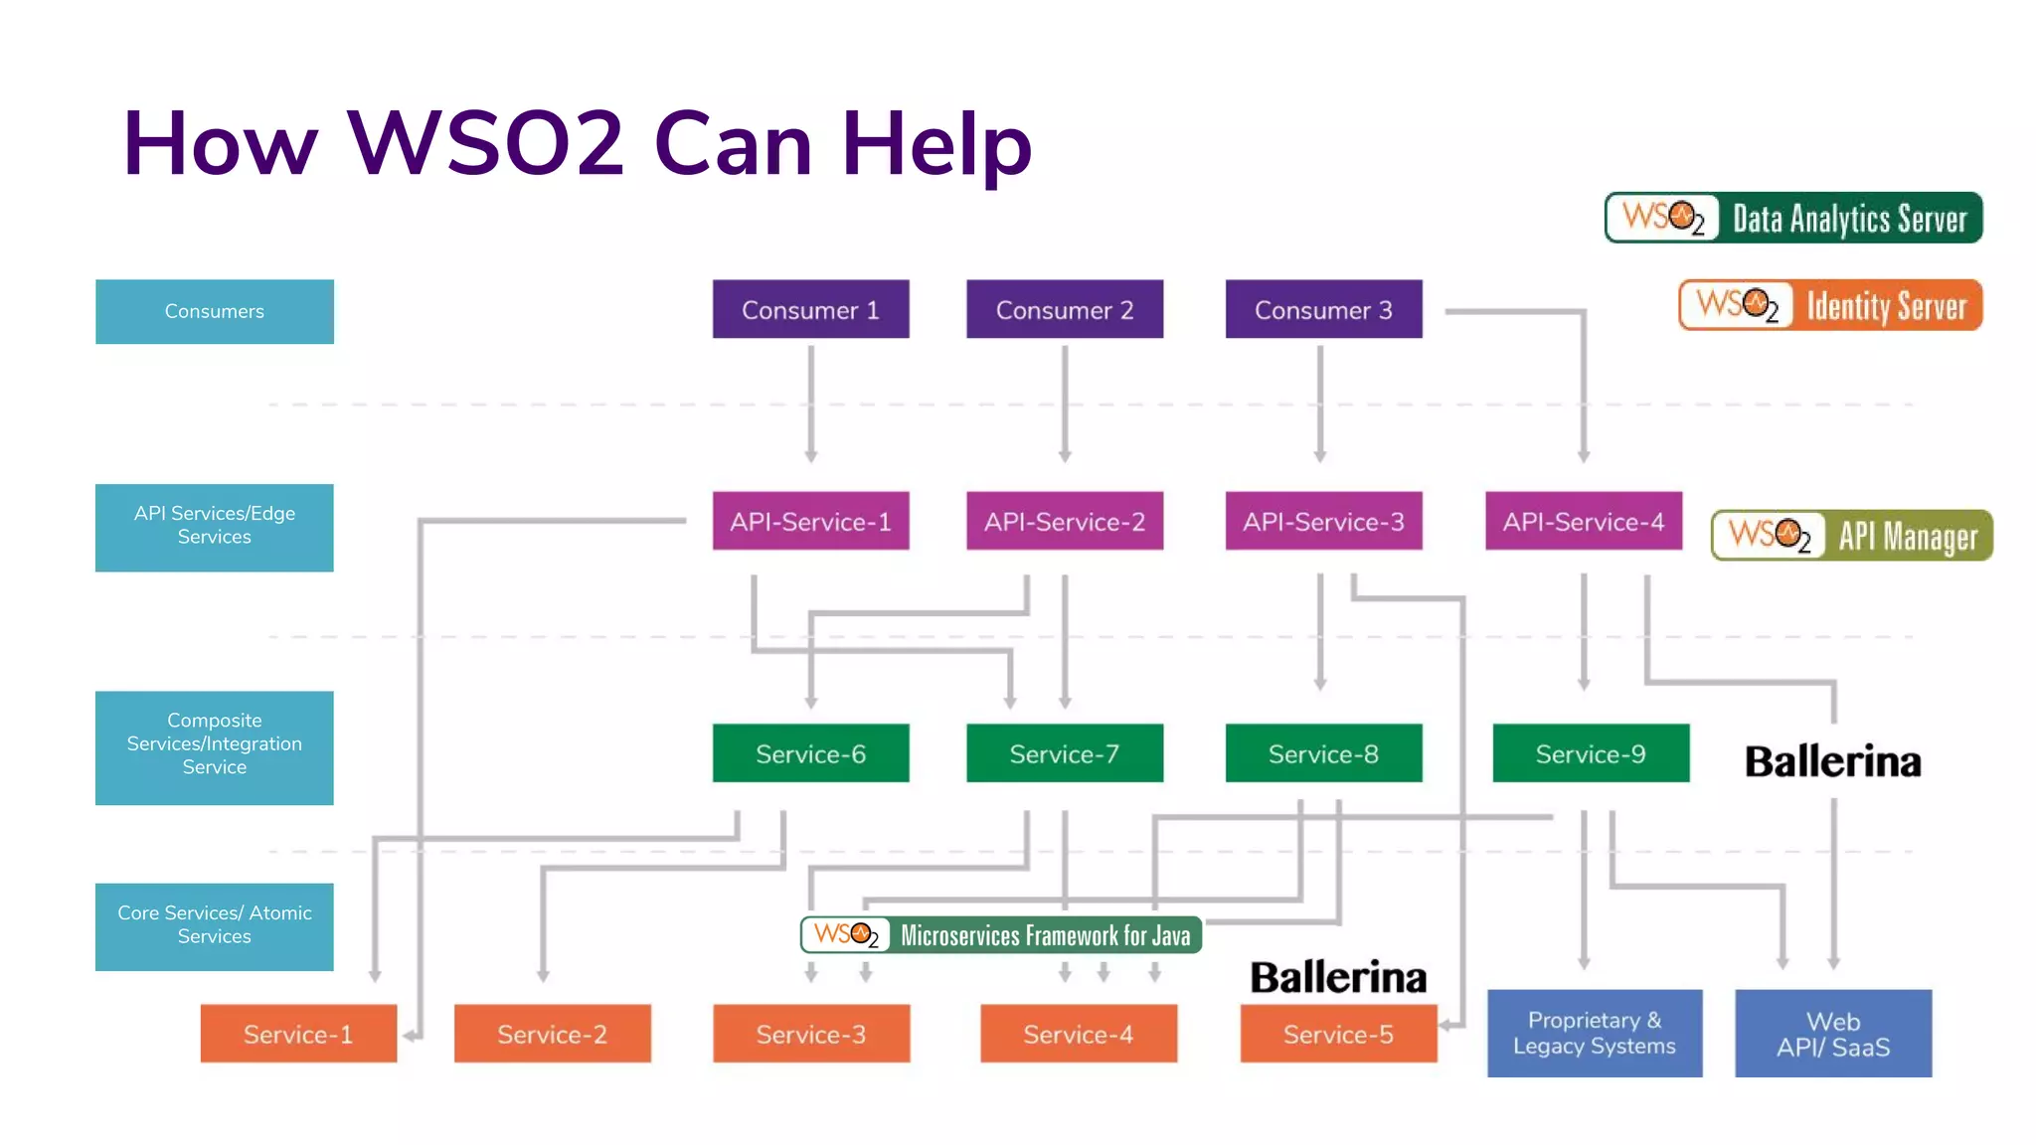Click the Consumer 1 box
coord(810,309)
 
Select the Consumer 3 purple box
coord(1323,309)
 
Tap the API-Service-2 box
coord(1064,521)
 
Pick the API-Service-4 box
coord(1583,521)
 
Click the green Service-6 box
coord(810,753)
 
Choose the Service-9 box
coord(1590,753)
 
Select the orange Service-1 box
coord(298,1034)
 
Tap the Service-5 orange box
coord(1338,1034)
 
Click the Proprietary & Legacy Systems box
coord(1594,1033)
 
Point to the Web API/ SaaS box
coord(1833,1033)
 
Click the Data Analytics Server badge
coord(1793,218)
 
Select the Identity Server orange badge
coord(1830,305)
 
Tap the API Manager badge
coord(1851,536)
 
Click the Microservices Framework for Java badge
coord(1001,935)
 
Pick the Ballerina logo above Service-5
coord(1338,977)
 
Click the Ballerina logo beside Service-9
coord(1833,761)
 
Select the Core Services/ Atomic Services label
coord(214,925)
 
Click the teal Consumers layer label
coord(214,311)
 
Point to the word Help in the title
coord(936,144)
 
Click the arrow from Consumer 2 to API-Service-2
coord(1065,403)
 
